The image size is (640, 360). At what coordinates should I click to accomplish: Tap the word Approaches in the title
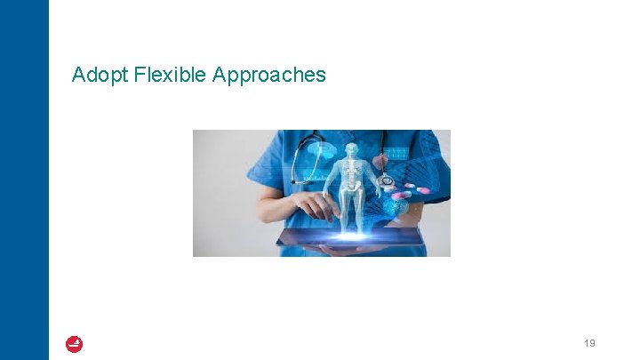point(269,76)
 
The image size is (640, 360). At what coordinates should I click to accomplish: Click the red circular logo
point(74,344)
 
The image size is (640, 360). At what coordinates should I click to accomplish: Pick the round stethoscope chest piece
point(385,180)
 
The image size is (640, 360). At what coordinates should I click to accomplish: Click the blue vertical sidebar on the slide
point(24,178)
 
